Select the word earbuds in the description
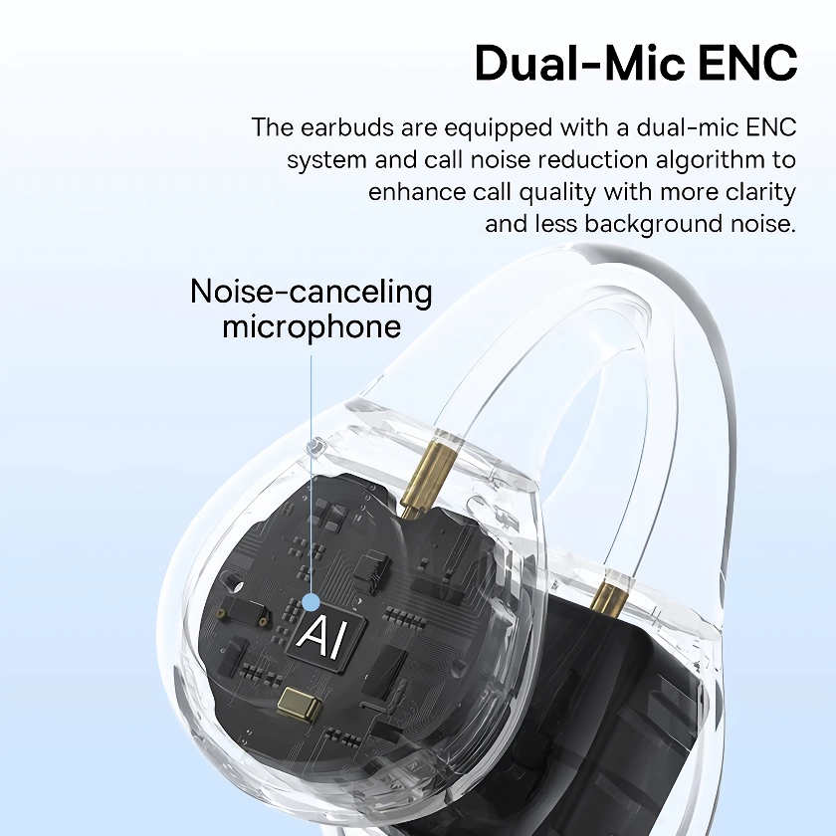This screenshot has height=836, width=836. pos(347,127)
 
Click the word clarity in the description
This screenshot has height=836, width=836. pos(760,192)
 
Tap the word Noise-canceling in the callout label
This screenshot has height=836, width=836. pos(311,292)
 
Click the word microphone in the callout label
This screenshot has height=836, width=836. pos(312,326)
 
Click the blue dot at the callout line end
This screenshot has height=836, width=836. pos(311,602)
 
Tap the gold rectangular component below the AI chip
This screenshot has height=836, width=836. pos(300,703)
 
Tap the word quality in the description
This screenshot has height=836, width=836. pos(557,192)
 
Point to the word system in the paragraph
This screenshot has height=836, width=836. pos(326,160)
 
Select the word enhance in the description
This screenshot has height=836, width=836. pos(417,192)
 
